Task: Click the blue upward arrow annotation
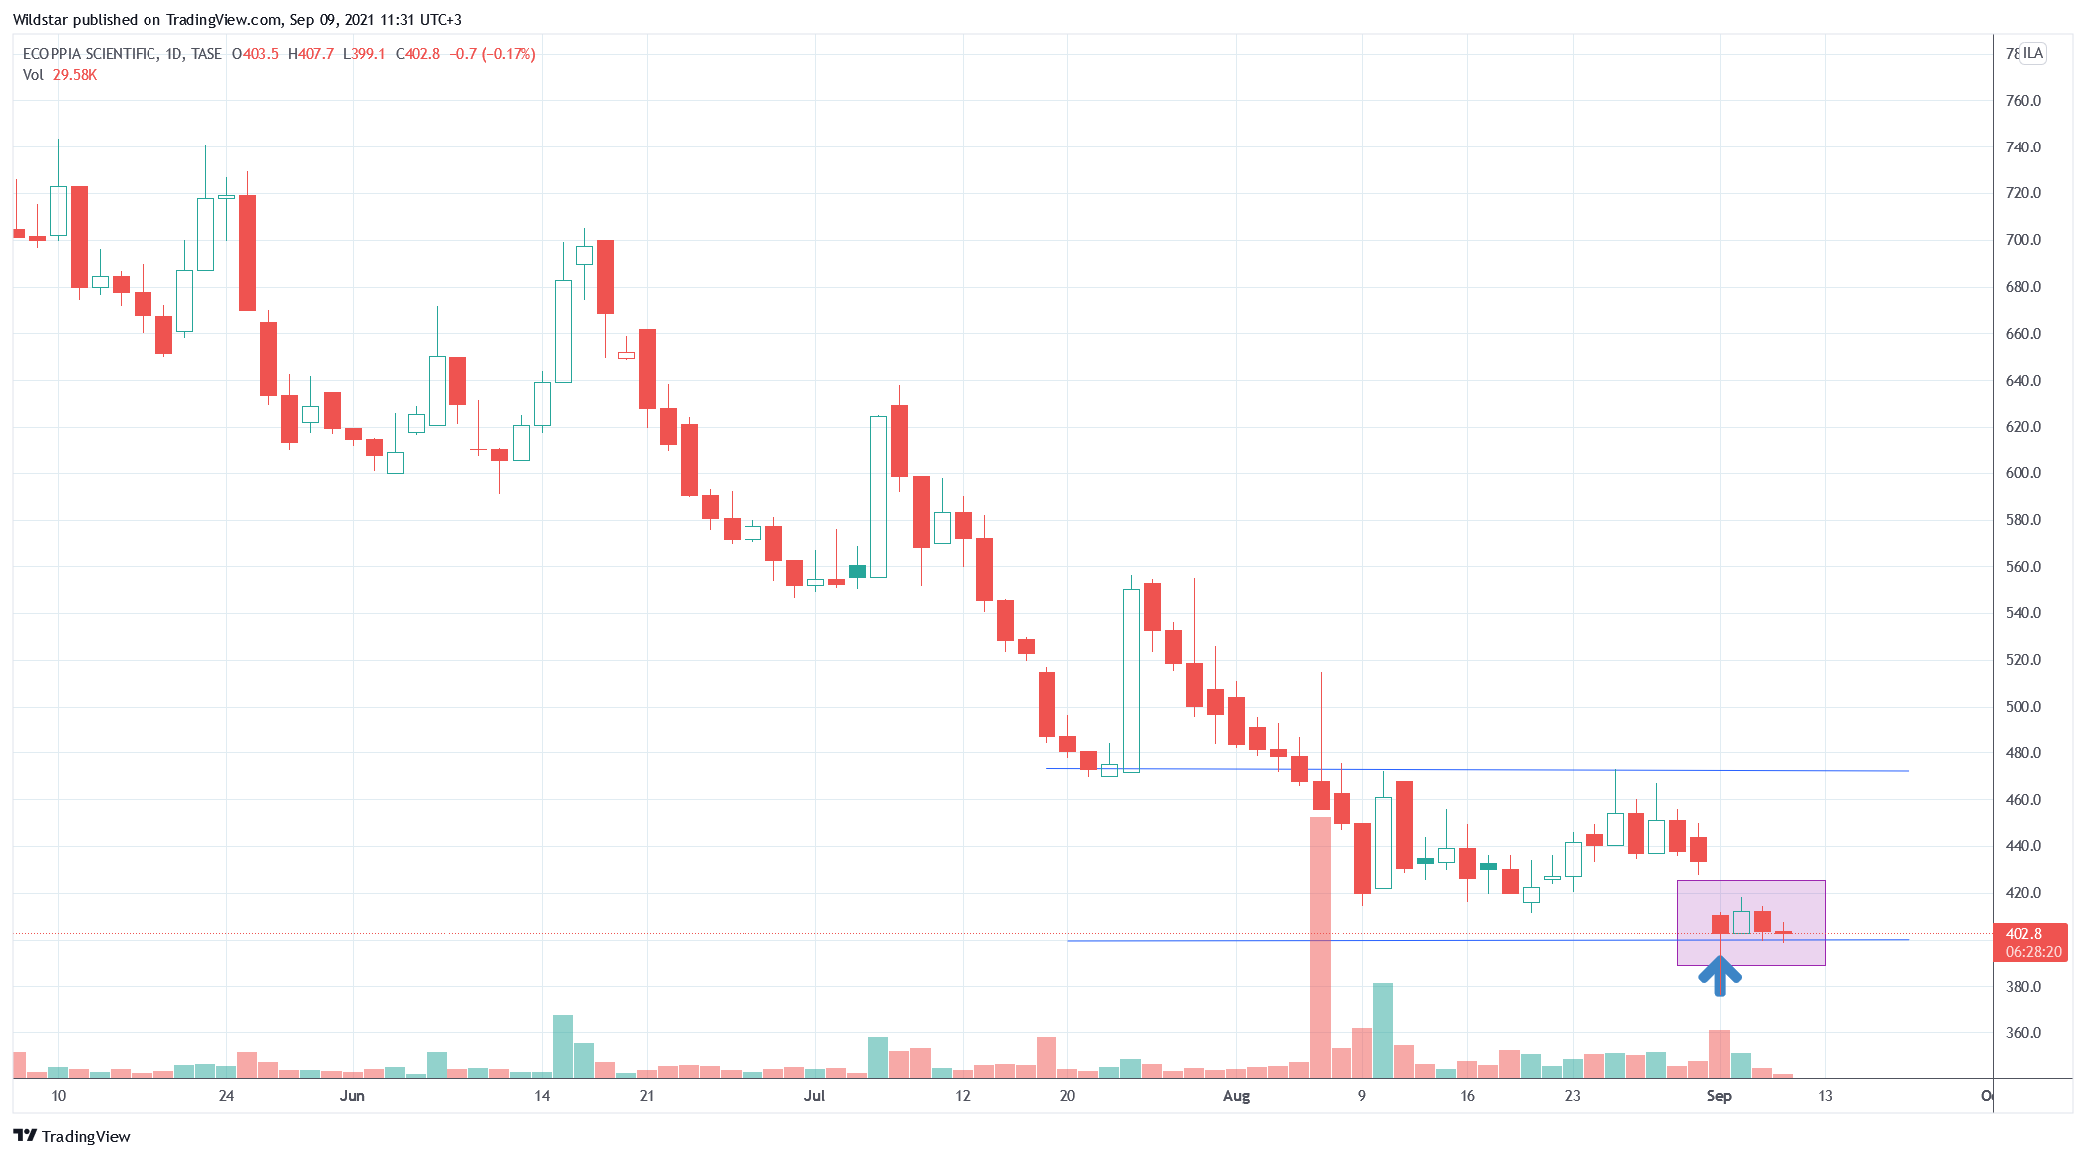[x=1719, y=973]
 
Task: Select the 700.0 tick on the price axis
[x=2023, y=240]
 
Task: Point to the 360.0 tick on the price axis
[x=2023, y=1033]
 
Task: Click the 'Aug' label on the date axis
[x=1236, y=1096]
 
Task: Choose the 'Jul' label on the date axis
[x=814, y=1096]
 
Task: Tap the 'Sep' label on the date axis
[x=1719, y=1096]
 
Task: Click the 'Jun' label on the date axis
[x=352, y=1096]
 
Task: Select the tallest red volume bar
[x=1320, y=947]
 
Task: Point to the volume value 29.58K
[x=75, y=75]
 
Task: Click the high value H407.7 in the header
[x=311, y=54]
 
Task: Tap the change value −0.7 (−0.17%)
[x=492, y=54]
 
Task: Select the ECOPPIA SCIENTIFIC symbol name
[x=90, y=54]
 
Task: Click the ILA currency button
[x=2033, y=53]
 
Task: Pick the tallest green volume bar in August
[x=1383, y=1029]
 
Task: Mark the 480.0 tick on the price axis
[x=2023, y=753]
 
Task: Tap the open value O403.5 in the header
[x=256, y=54]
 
